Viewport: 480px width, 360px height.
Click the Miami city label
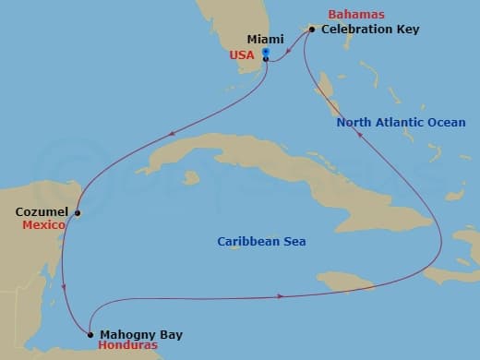tap(266, 40)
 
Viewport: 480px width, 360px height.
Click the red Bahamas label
tap(354, 16)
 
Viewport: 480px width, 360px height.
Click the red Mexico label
tap(44, 225)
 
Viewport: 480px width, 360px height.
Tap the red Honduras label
tap(126, 346)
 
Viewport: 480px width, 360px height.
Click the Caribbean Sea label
tap(261, 242)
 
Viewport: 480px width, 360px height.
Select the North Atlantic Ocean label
tap(401, 123)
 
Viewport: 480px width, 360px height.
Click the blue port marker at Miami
tap(266, 53)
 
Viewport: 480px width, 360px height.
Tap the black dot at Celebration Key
tap(312, 30)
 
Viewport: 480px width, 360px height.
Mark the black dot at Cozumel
tap(78, 212)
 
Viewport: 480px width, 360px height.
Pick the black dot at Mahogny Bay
tap(90, 334)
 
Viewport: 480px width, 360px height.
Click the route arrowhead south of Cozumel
tap(63, 288)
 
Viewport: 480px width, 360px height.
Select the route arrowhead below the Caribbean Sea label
tap(279, 296)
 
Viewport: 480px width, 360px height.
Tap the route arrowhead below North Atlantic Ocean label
tap(359, 134)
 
